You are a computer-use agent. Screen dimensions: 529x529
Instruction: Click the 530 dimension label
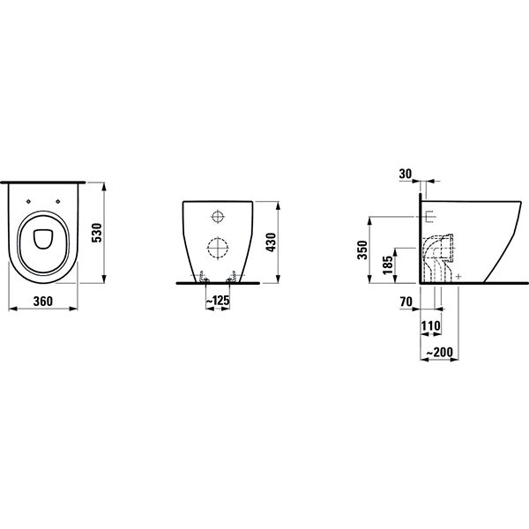coord(96,233)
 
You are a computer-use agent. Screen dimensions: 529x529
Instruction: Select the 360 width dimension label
coord(43,302)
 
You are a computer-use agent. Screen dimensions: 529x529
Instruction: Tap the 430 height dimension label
coord(271,242)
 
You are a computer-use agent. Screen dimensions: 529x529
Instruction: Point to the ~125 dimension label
coord(218,300)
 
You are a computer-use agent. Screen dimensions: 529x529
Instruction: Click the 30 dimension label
coord(406,174)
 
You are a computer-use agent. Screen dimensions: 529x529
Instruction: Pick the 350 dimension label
coord(362,250)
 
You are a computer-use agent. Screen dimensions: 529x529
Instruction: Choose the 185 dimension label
coord(388,264)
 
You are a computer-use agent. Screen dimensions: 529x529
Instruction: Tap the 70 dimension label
coord(406,302)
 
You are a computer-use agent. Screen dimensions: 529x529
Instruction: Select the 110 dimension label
coord(431,325)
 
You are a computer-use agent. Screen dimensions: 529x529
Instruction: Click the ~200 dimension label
coord(439,353)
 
